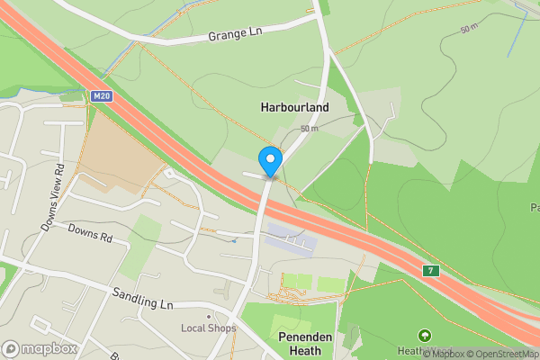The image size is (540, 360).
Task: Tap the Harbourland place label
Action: (294, 107)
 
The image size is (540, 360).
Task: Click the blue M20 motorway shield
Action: (102, 94)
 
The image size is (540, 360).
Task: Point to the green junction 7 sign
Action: (431, 271)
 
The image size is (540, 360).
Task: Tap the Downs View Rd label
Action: (51, 198)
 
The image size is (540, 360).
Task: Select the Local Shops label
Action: (208, 328)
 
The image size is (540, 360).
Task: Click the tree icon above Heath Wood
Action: (425, 336)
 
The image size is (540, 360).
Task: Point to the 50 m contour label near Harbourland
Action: (310, 129)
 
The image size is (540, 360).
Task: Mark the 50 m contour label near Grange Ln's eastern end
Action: (469, 29)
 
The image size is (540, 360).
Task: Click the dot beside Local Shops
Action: (208, 316)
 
